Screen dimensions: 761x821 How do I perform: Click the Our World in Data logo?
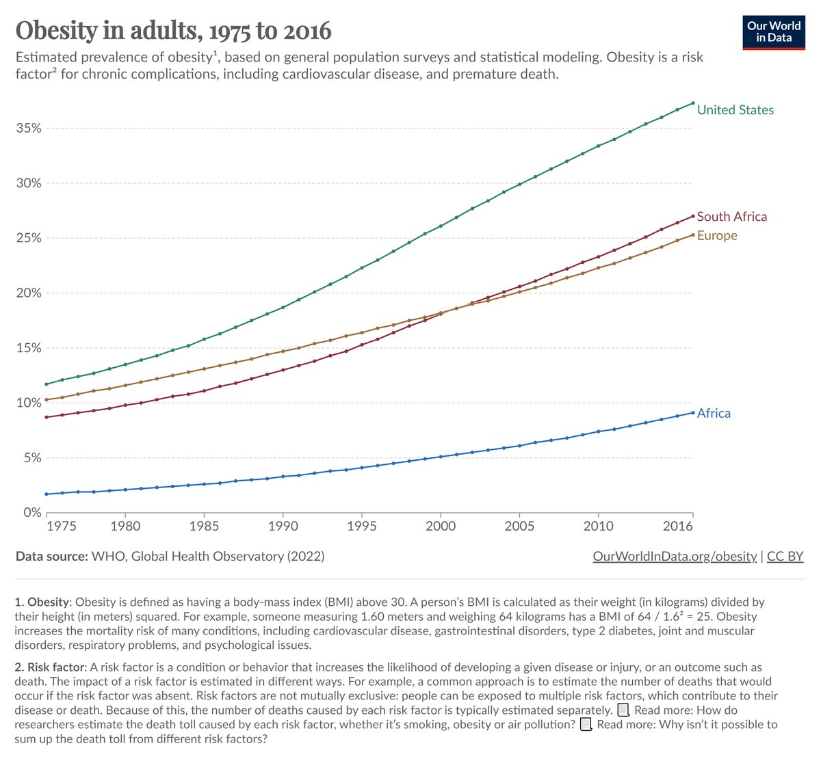[x=773, y=31]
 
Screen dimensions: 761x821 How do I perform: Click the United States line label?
[x=735, y=110]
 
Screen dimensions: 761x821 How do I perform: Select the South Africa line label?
[x=731, y=217]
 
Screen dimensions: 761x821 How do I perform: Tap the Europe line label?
[x=717, y=236]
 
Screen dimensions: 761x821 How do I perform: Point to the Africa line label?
[x=714, y=414]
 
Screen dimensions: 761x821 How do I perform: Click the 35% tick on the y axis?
[x=29, y=129]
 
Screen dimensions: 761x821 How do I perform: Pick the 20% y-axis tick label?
[x=29, y=293]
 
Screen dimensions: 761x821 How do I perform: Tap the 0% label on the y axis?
[x=31, y=513]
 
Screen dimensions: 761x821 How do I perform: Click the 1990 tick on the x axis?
[x=283, y=526]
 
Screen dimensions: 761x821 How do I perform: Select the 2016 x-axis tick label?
[x=678, y=526]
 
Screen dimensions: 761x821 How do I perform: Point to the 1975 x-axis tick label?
[x=62, y=526]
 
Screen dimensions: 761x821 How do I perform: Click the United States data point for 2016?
[x=693, y=103]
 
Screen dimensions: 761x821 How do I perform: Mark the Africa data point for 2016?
[x=693, y=413]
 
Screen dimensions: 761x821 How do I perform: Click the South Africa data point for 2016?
[x=693, y=216]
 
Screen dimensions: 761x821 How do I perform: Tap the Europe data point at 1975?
[x=46, y=400]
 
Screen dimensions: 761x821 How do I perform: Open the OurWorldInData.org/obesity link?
[x=675, y=557]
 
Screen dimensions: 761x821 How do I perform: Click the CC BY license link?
[x=785, y=557]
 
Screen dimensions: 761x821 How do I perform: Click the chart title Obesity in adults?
[x=173, y=30]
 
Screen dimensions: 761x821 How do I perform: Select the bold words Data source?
[x=52, y=557]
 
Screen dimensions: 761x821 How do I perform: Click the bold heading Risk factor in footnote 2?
[x=55, y=667]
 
